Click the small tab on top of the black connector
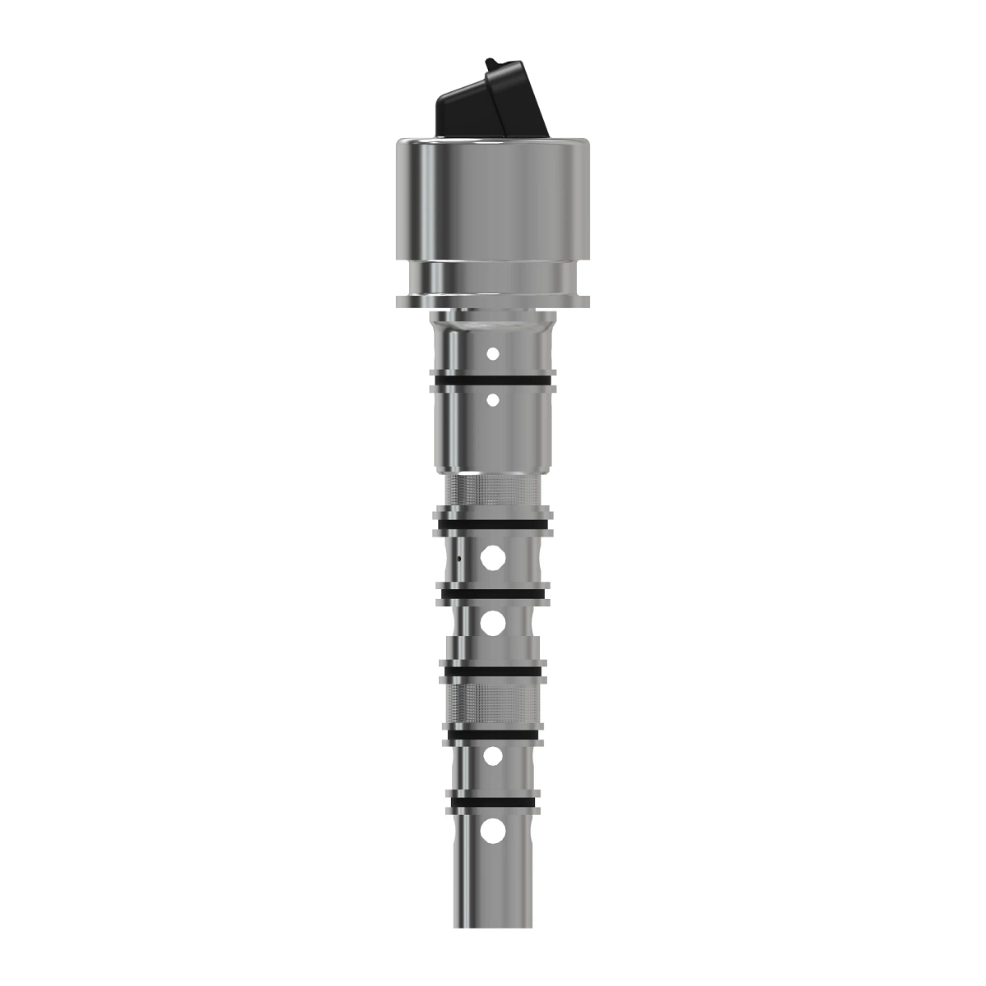(x=491, y=63)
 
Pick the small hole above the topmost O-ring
(x=493, y=354)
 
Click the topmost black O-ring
(x=493, y=383)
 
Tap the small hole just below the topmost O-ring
(x=493, y=400)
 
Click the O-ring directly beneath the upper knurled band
(x=493, y=523)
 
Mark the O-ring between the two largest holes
(x=493, y=592)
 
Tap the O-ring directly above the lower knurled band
(x=493, y=671)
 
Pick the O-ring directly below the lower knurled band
(x=493, y=731)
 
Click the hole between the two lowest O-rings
(x=493, y=757)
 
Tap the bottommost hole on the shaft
(x=493, y=832)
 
